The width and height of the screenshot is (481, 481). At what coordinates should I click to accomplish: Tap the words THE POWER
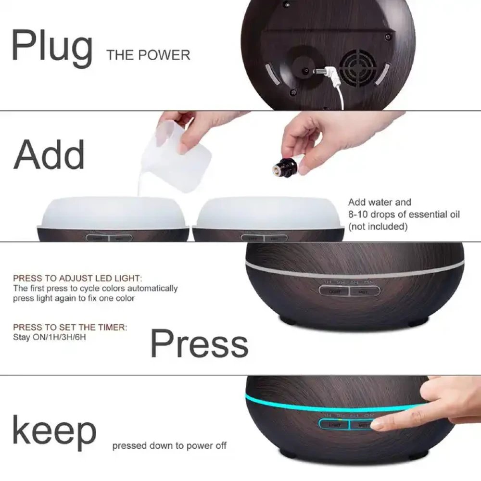point(149,55)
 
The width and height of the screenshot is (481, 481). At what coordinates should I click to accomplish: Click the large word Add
point(49,155)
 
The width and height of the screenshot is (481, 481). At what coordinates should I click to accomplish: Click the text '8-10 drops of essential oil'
point(404,215)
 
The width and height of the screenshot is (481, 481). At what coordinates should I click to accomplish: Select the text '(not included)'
point(378,227)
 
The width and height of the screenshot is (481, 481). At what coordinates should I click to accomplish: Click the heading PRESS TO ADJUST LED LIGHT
point(77,278)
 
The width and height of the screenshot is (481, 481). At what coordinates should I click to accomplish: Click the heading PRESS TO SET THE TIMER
point(70,327)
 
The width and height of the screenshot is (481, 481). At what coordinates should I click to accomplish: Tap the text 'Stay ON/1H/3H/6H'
point(50,337)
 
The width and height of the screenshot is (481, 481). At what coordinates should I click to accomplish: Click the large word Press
point(199,343)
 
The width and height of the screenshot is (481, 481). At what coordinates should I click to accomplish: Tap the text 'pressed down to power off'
point(169,446)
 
